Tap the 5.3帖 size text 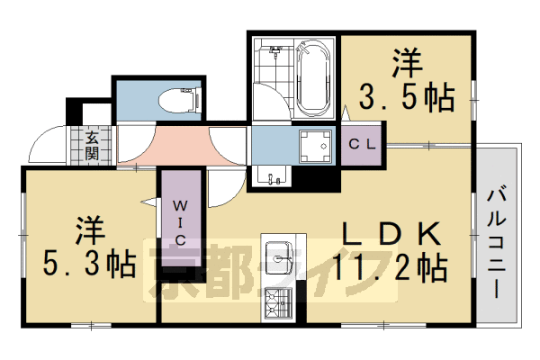click(x=90, y=264)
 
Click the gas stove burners click(x=281, y=304)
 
